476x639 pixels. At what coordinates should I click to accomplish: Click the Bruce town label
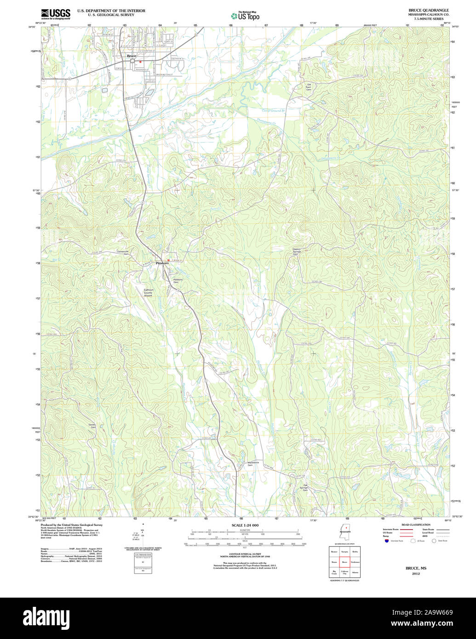(x=132, y=56)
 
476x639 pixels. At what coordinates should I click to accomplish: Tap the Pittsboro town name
(x=162, y=263)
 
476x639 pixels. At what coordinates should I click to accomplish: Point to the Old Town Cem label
(x=309, y=86)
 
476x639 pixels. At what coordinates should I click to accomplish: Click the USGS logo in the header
(x=55, y=14)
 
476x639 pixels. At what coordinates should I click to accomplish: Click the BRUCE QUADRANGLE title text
(x=429, y=10)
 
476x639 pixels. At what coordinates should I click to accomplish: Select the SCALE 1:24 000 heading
(x=245, y=525)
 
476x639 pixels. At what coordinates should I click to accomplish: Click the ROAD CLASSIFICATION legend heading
(x=415, y=525)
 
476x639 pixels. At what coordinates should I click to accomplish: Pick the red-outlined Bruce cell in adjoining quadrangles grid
(x=344, y=562)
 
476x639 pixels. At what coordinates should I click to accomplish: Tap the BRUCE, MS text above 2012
(x=416, y=568)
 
